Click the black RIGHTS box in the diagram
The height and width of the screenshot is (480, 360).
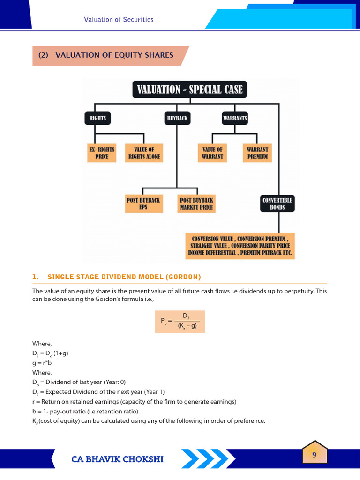[97, 118]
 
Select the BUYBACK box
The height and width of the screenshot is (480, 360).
[177, 118]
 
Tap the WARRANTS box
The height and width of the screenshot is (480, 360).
[235, 118]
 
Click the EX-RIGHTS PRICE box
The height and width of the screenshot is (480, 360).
[102, 153]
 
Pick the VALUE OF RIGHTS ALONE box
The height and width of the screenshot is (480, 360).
[144, 153]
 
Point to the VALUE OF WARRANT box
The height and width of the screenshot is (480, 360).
[212, 153]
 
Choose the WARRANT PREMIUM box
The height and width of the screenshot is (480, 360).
[257, 153]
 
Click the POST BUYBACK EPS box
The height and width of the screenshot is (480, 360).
[143, 203]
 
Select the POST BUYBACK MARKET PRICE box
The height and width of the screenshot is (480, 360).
[196, 203]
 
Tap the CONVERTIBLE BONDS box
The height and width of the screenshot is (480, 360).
[277, 203]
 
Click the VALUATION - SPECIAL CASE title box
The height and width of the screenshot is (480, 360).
[189, 89]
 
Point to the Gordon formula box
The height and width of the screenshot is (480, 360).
[180, 322]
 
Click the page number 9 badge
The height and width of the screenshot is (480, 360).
[315, 453]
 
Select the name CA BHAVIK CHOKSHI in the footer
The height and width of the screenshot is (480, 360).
[118, 459]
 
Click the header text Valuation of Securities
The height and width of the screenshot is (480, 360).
[119, 20]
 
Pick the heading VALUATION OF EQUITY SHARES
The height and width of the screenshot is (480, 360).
[114, 55]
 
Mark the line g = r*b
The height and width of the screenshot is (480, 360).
[41, 362]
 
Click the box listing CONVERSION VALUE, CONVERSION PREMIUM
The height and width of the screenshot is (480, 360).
[240, 245]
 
